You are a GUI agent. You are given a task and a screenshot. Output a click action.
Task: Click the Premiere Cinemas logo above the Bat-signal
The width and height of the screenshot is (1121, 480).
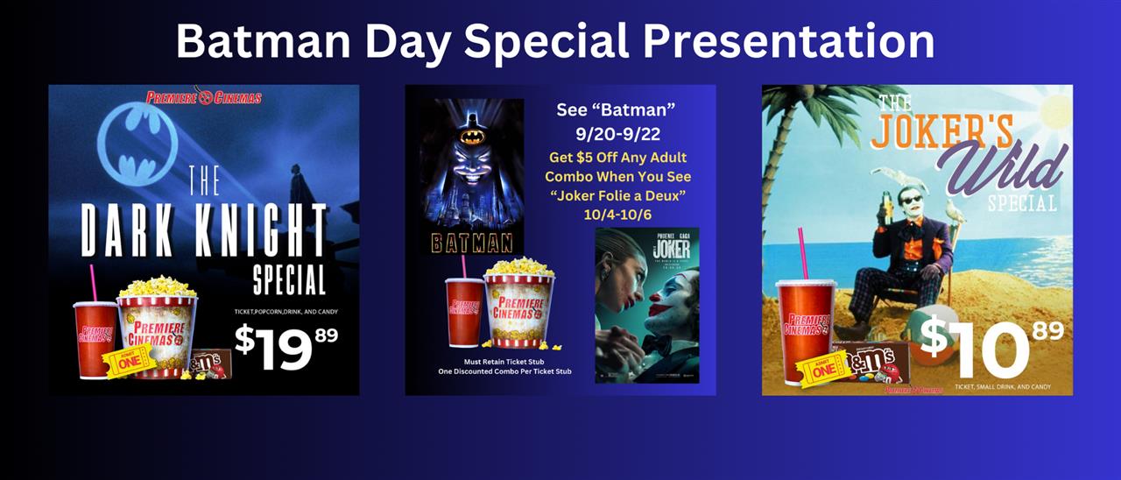204,96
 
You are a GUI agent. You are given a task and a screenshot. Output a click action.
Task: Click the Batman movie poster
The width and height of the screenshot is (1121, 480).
471,175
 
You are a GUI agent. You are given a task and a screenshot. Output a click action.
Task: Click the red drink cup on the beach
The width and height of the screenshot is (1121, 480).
805,328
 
